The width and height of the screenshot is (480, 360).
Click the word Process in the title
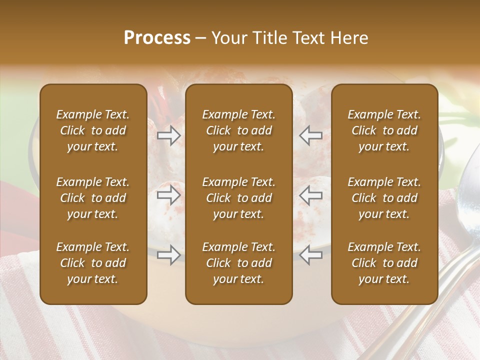pyautogui.click(x=157, y=38)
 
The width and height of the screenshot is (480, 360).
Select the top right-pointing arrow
pyautogui.click(x=169, y=135)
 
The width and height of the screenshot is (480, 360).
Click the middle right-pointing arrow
pyautogui.click(x=169, y=195)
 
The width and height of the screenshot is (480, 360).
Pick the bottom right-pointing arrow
pyautogui.click(x=169, y=254)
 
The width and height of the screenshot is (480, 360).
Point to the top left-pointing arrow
pyautogui.click(x=310, y=135)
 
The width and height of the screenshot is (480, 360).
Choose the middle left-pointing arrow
pyautogui.click(x=310, y=195)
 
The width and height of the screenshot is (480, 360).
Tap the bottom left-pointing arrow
pyautogui.click(x=310, y=254)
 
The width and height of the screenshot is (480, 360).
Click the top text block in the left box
pyautogui.click(x=93, y=130)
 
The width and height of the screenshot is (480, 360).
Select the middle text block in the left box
pyautogui.click(x=93, y=198)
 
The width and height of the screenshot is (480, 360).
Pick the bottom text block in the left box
pyautogui.click(x=93, y=263)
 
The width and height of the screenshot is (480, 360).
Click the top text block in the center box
pyautogui.click(x=239, y=130)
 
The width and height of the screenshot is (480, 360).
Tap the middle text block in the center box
pyautogui.click(x=239, y=198)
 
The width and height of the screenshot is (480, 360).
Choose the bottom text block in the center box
pyautogui.click(x=239, y=263)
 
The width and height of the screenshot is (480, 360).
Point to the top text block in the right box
pyautogui.click(x=384, y=130)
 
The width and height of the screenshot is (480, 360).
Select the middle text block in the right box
pyautogui.click(x=384, y=198)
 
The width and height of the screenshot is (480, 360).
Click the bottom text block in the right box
pyautogui.click(x=384, y=263)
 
